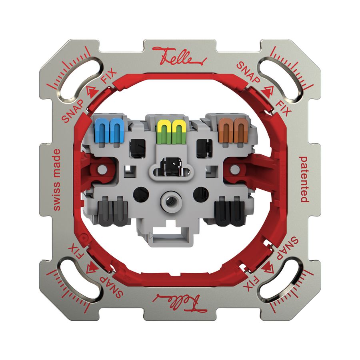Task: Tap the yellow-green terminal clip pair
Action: (171, 131)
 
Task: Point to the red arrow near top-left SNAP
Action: (91, 91)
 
